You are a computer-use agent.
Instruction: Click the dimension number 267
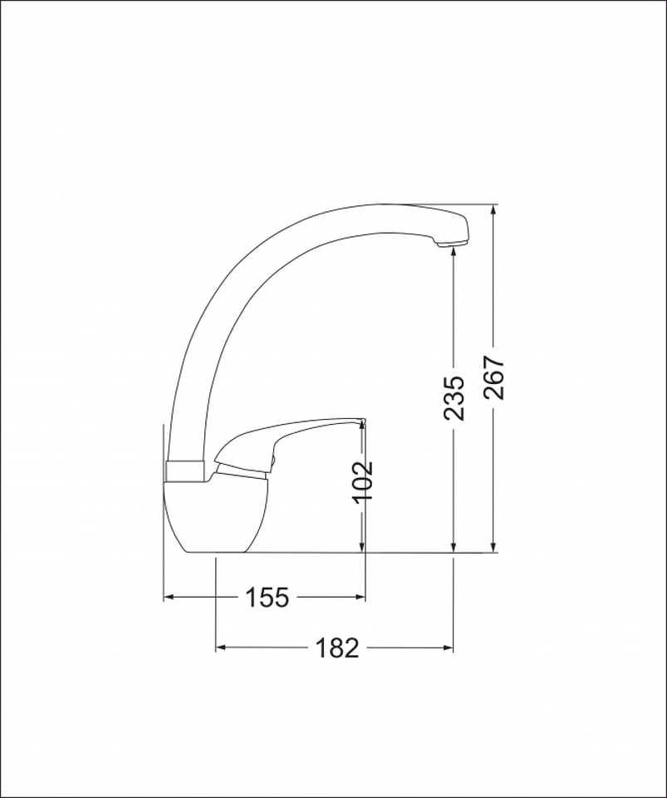pyautogui.click(x=494, y=377)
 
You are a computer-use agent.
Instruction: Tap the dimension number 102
pyautogui.click(x=363, y=481)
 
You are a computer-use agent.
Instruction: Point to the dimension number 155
pyautogui.click(x=267, y=597)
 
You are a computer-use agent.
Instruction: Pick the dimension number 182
pyautogui.click(x=337, y=648)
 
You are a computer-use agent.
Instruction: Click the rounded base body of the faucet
pyautogui.click(x=215, y=516)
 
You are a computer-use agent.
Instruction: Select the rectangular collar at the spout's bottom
pyautogui.click(x=185, y=471)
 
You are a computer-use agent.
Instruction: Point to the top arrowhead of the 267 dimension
pyautogui.click(x=493, y=209)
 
